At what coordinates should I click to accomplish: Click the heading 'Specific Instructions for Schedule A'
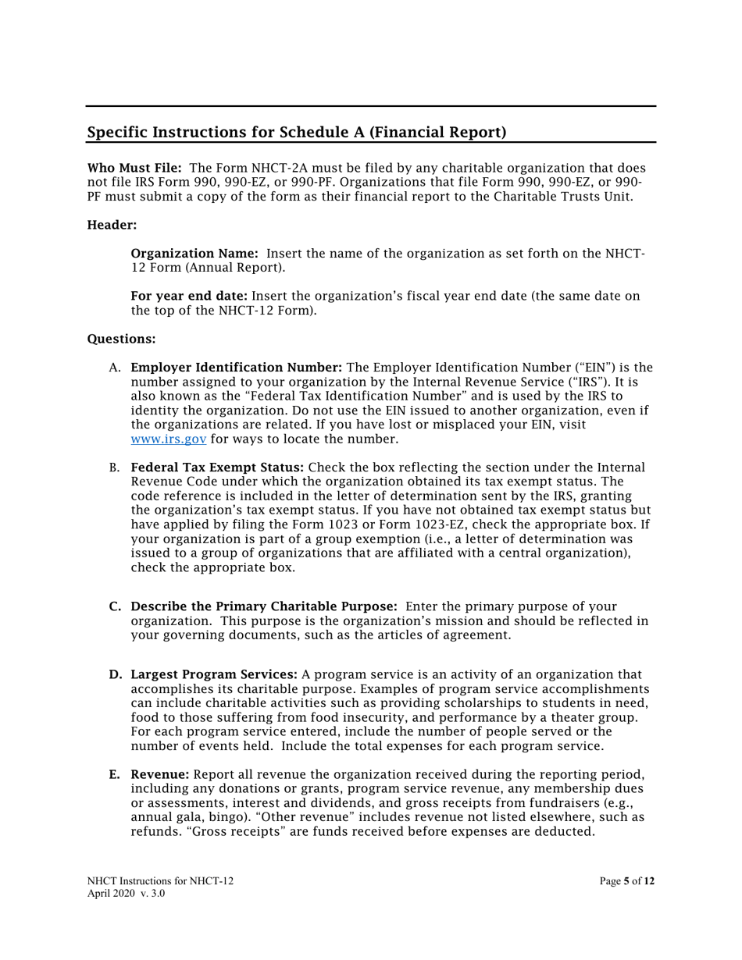coord(296,132)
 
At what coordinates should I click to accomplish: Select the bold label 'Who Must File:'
coord(134,168)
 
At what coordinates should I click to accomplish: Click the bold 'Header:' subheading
coord(112,225)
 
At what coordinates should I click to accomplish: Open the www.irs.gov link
coord(168,439)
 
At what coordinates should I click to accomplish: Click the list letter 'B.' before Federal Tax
coord(114,468)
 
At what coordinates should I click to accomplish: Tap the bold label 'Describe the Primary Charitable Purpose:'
coord(264,606)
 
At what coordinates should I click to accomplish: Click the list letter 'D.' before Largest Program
coord(115,674)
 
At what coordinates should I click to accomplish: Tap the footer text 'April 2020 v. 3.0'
coord(126,893)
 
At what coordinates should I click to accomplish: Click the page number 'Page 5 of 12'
coord(627,881)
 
